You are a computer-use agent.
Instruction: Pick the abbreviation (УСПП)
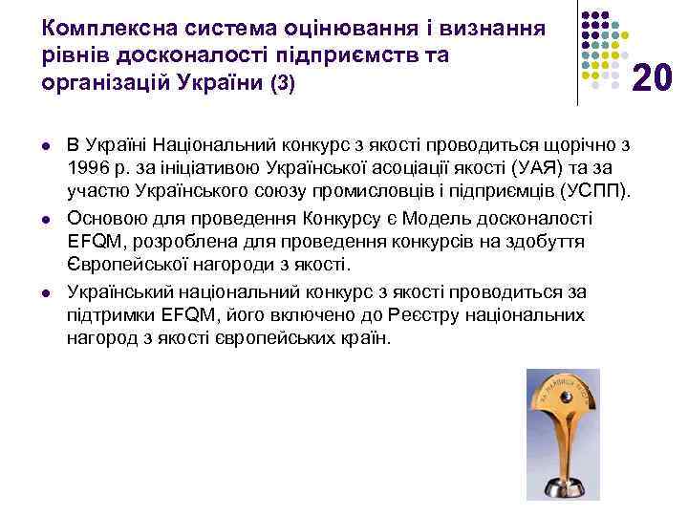point(598,191)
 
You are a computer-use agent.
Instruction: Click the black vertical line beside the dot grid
point(578,53)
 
